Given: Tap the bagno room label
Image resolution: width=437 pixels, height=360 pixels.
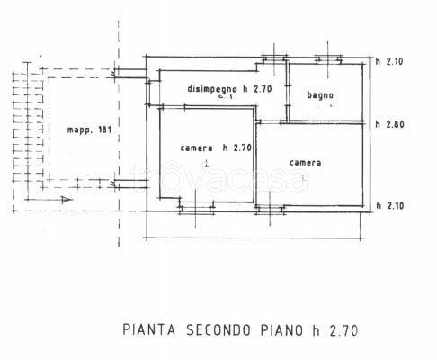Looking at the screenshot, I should (x=320, y=94).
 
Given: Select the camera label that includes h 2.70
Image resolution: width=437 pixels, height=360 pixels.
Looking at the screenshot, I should (x=208, y=148).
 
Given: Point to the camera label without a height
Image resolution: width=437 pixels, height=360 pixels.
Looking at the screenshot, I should (x=306, y=163).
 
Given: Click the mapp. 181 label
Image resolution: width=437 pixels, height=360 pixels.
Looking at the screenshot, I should (x=85, y=133).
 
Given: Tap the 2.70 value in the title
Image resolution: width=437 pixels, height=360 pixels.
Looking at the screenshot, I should (x=344, y=329).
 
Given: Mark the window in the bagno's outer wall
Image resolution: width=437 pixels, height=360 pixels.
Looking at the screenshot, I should (x=326, y=61).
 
